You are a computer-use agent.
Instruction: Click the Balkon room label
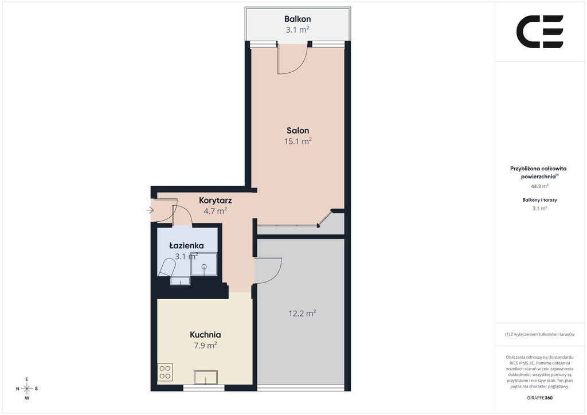(x=298, y=19)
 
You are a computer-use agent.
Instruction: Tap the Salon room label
(x=298, y=131)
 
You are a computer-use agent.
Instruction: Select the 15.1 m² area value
(x=298, y=141)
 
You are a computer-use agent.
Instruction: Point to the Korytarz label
(x=216, y=201)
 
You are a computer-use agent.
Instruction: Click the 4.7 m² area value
(x=216, y=211)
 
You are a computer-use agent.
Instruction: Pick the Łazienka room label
(x=186, y=245)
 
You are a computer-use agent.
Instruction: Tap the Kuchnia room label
(x=205, y=335)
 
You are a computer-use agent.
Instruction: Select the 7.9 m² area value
(x=205, y=346)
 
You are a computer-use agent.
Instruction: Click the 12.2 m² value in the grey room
(x=302, y=313)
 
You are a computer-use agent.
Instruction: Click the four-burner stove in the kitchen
(x=165, y=373)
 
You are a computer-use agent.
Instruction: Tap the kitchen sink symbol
(x=206, y=377)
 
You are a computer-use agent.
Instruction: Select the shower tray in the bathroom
(x=204, y=264)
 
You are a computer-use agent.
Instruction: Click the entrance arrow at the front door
(x=150, y=211)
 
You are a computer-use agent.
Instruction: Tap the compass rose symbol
(x=27, y=389)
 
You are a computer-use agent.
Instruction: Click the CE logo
(x=540, y=32)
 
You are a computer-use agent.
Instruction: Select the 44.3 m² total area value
(x=540, y=186)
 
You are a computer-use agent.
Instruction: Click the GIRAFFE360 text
(x=539, y=398)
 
